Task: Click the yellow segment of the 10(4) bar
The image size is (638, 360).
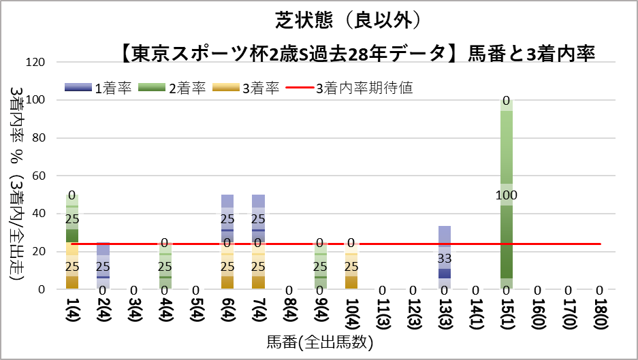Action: point(351,276)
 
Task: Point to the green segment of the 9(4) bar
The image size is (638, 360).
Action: point(320,276)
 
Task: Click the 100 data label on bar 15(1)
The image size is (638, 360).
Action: point(507,196)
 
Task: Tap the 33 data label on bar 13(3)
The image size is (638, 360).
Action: point(445,259)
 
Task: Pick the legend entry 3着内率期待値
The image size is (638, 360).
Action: point(349,88)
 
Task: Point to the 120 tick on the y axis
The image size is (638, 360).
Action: point(35,63)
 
